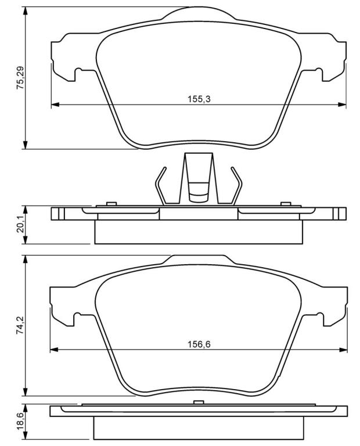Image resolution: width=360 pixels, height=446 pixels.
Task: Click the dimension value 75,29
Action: [21, 78]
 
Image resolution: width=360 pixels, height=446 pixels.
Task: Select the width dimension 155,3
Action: [199, 99]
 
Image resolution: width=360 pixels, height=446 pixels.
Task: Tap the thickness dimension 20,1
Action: [21, 225]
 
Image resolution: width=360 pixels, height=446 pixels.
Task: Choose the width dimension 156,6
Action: [199, 344]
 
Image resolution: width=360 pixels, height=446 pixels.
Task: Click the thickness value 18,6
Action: [21, 423]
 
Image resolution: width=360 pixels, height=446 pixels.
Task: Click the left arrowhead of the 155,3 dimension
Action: [55, 105]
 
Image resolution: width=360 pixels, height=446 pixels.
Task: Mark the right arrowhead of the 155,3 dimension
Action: [342, 105]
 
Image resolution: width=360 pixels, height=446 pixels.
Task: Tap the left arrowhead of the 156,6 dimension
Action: [54, 350]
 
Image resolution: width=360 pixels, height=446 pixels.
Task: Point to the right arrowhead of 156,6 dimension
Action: [343, 350]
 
